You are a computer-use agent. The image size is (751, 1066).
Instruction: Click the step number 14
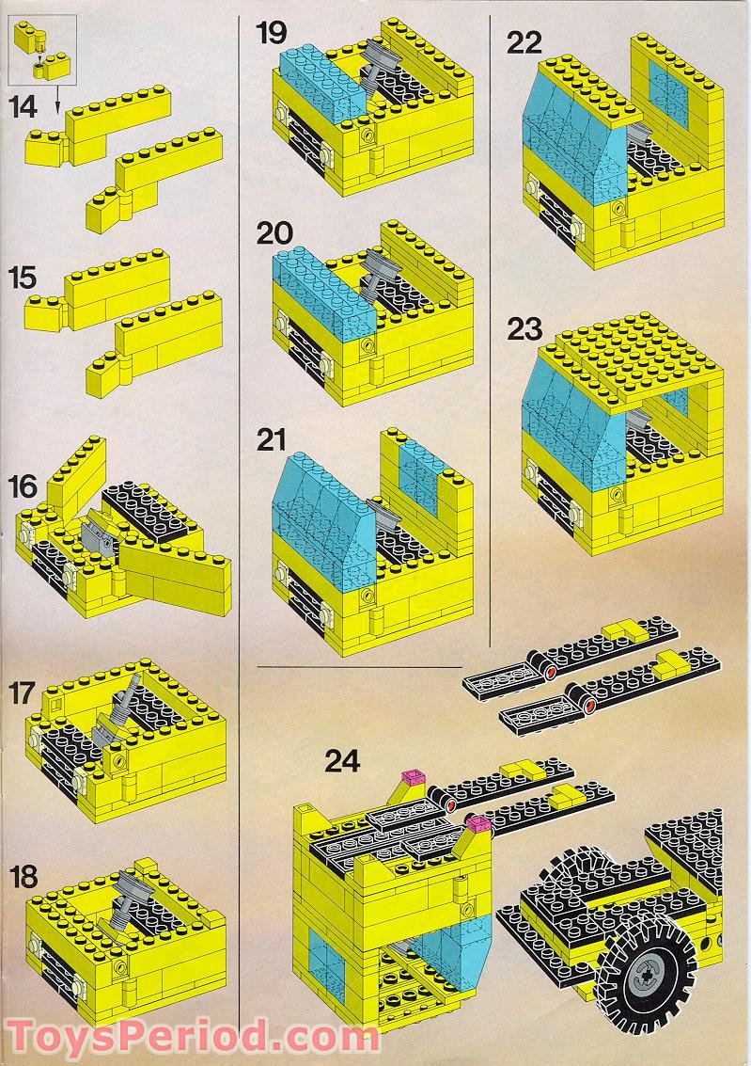(x=23, y=106)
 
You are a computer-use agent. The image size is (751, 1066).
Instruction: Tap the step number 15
(x=23, y=278)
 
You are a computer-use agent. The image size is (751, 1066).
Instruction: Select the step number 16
(x=23, y=486)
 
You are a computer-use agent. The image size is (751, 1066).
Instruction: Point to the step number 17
(x=23, y=693)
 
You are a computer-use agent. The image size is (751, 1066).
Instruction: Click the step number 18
(x=23, y=876)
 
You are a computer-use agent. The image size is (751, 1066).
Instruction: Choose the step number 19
(x=273, y=34)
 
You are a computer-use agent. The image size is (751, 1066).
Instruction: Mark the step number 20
(x=274, y=232)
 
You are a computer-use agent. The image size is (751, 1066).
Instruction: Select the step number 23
(x=524, y=329)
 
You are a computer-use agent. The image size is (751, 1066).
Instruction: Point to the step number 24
(x=342, y=760)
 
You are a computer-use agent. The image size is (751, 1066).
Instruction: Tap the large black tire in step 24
(x=645, y=978)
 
